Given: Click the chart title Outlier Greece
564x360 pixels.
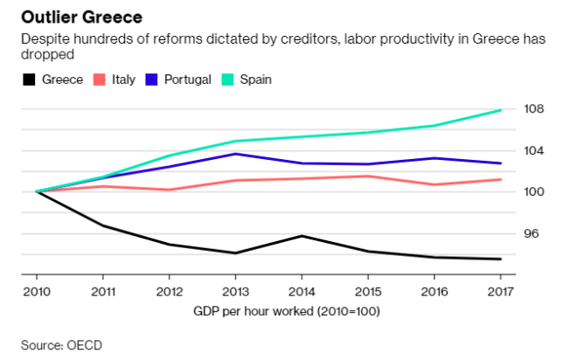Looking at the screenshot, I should coord(82,17).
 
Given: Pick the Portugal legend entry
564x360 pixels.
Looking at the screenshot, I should coord(186,80).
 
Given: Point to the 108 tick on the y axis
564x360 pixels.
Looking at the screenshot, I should coord(535,109).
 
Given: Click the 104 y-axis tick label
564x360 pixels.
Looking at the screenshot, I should coord(535,150).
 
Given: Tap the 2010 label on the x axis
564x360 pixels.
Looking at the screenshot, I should coord(36,290).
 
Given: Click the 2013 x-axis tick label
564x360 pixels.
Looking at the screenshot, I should coord(234,290).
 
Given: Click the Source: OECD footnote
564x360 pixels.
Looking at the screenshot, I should coord(61,345).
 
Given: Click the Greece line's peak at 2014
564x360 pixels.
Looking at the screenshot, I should coord(302,236).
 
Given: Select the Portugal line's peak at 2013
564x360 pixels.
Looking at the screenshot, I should coord(234,154).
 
